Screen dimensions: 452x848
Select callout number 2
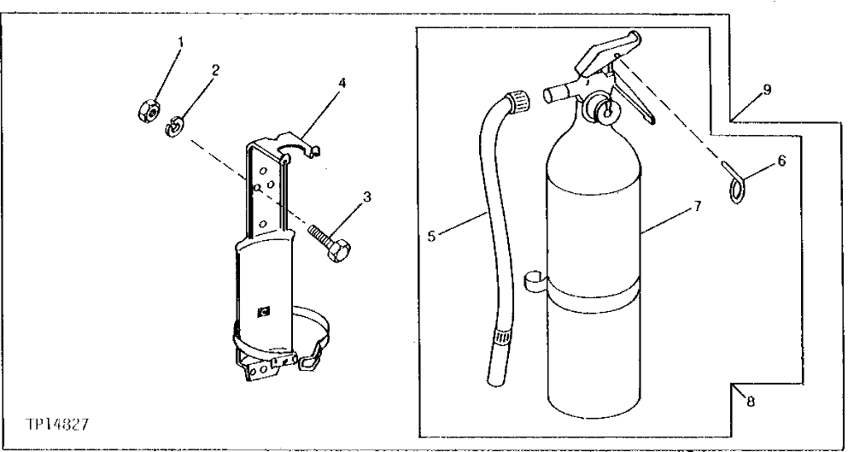pos(215,70)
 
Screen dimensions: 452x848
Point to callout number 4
pos(342,84)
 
